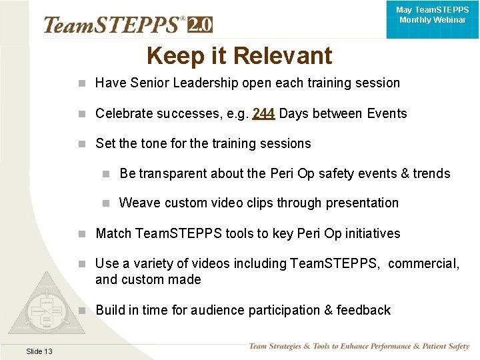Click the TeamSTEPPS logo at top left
(x=113, y=25)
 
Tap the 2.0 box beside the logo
(x=200, y=25)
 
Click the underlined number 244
(x=264, y=113)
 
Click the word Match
(x=113, y=233)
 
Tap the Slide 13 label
(x=39, y=351)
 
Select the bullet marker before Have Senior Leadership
(x=81, y=83)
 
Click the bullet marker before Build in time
(x=81, y=310)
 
